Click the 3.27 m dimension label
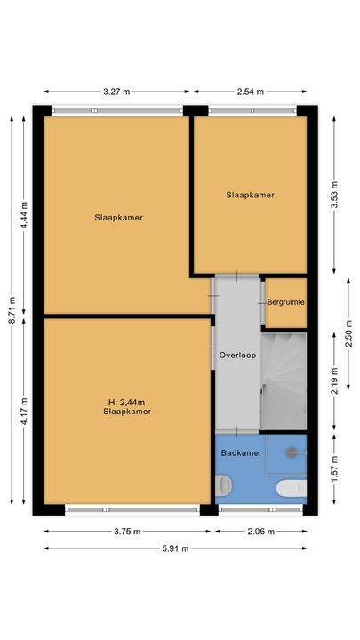tap(116, 91)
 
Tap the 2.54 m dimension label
tap(251, 91)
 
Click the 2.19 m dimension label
tap(334, 379)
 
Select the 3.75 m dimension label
tap(127, 532)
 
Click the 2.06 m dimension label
tap(260, 532)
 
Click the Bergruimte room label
tap(286, 302)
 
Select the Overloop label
tap(237, 355)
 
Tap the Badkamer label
tap(241, 452)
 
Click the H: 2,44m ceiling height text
tap(126, 402)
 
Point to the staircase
tap(284, 378)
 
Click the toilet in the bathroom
tap(222, 485)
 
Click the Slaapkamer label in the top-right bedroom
tap(250, 195)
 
